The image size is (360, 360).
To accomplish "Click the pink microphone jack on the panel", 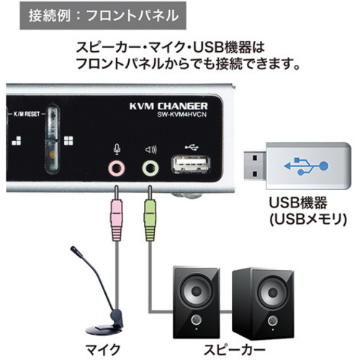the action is pos(117,168).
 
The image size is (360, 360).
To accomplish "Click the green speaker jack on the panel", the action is pos(150,168).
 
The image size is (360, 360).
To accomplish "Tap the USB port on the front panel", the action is pos(191,164).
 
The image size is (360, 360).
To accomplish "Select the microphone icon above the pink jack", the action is pos(117,149).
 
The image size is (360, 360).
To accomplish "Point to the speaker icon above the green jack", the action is pos(151,150).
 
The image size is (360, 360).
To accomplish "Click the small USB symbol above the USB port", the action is pos(192,147).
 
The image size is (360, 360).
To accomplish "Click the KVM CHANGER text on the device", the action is pos(168,106).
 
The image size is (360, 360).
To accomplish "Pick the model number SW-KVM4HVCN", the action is pos(181,114).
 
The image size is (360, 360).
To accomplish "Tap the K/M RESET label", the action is pos(27,114).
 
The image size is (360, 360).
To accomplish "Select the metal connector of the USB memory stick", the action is pos(255,166).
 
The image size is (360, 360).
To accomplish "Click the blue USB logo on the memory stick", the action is pos(306,166).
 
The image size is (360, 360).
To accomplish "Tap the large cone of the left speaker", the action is pos(197,292).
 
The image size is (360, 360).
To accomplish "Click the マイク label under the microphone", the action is pos(103,350).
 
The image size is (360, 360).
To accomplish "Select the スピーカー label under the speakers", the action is pos(234,351).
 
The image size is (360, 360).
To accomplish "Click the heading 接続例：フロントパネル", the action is pos(104,16).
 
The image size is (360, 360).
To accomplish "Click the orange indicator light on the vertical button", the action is pos(53,155).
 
